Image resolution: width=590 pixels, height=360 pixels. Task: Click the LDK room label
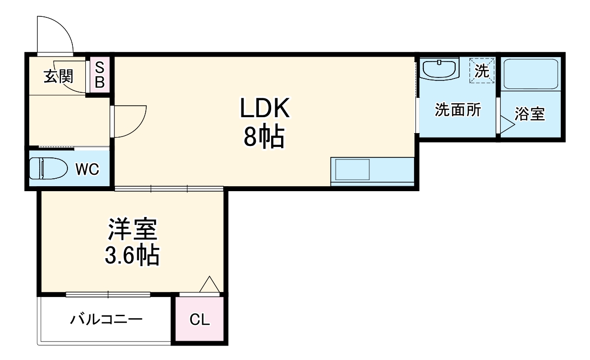264,108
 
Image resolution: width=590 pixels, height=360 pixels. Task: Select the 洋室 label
132,229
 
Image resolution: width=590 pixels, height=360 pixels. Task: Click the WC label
87,169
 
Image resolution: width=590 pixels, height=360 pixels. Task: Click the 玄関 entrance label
59,76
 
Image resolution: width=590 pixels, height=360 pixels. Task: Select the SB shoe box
99,74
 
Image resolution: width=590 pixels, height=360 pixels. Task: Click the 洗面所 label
458,110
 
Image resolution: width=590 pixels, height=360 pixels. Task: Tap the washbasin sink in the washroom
439,69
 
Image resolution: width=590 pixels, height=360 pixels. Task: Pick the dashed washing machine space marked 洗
482,70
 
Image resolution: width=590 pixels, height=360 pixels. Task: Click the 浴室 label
530,114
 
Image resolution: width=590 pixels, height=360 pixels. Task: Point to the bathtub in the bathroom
530,74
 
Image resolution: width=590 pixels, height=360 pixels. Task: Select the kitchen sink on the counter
352,170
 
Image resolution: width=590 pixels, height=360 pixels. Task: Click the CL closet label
200,320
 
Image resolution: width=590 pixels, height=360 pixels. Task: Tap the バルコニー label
106,318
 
